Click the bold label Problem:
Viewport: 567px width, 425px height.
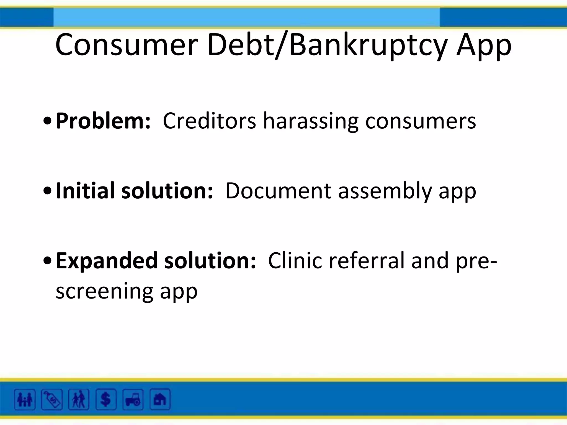pos(103,121)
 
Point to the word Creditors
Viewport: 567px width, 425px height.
pos(209,121)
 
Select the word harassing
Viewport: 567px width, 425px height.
pos(310,121)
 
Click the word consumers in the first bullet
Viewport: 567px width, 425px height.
pos(420,121)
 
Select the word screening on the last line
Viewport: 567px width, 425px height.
pos(104,291)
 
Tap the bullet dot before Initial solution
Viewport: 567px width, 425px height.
pos(48,191)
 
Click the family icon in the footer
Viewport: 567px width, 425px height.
pos(25,400)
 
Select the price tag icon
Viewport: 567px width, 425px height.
pos(52,400)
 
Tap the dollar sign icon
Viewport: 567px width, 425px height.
pos(105,400)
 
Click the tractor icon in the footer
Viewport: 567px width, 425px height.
pos(133,400)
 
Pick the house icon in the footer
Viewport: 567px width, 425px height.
pos(160,400)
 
